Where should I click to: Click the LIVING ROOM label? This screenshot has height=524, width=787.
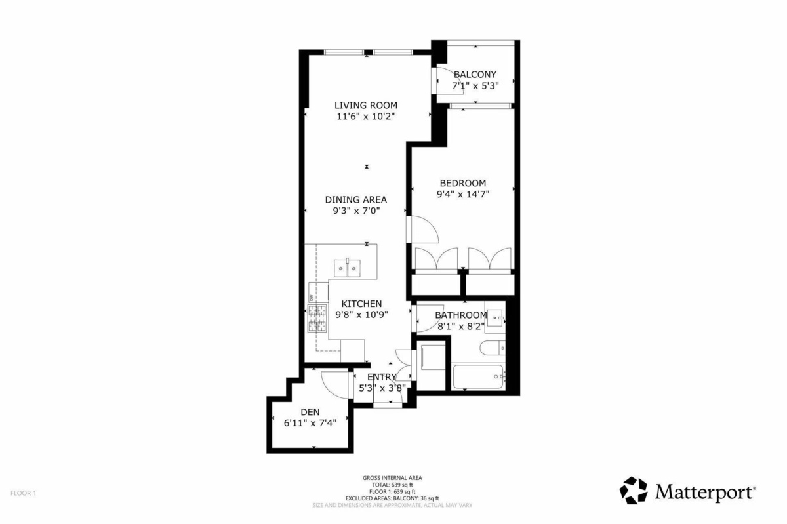365,105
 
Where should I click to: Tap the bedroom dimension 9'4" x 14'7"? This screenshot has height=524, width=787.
464,193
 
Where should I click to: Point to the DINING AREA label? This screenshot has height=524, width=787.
355,199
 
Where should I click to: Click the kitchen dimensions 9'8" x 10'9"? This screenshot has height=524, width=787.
361,314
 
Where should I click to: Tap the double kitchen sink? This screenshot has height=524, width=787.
346,266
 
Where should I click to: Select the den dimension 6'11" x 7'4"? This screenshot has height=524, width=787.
310,422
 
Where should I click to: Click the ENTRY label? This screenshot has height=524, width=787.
381,376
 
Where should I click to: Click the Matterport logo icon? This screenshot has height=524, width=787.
634,490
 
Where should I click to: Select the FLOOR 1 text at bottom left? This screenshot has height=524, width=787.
23,492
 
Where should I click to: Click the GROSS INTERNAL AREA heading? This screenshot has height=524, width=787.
392,478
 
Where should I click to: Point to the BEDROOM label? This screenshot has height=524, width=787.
463,182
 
